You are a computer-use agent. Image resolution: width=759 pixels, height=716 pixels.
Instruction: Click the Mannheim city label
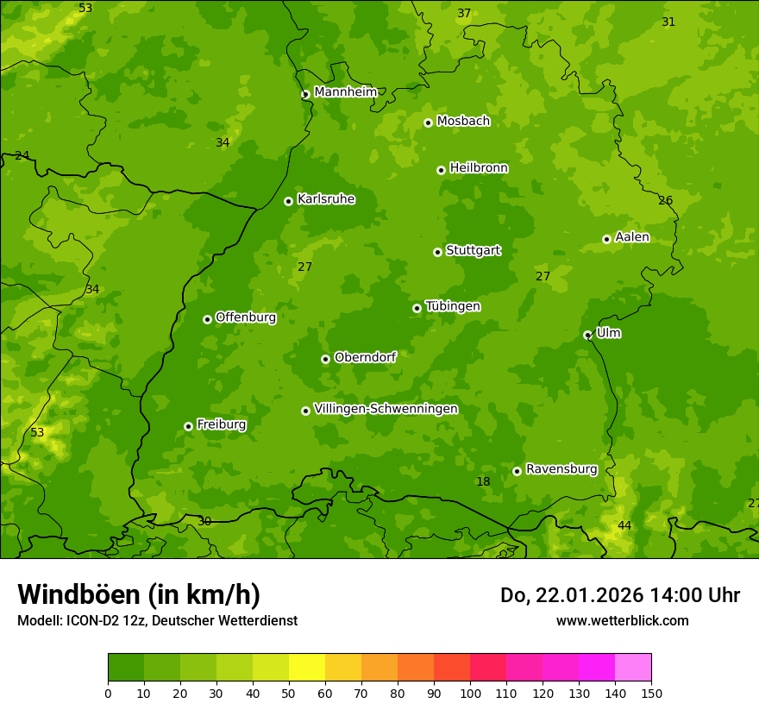(345, 92)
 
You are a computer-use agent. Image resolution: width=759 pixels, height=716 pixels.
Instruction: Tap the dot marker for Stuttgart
(437, 252)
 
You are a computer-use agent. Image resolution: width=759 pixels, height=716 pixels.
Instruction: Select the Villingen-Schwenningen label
(386, 409)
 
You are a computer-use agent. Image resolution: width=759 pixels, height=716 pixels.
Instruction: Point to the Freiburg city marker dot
(188, 426)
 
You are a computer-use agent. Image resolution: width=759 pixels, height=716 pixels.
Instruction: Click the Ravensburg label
(561, 469)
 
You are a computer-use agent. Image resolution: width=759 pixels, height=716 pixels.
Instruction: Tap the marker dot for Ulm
(587, 335)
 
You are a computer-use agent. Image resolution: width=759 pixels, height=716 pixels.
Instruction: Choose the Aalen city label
(632, 237)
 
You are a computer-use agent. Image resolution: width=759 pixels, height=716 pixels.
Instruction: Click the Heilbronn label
(479, 168)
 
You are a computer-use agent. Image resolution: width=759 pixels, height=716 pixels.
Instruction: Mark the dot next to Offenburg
(207, 319)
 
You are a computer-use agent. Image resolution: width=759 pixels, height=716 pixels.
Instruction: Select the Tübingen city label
(453, 306)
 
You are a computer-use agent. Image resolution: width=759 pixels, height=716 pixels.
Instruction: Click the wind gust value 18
(483, 481)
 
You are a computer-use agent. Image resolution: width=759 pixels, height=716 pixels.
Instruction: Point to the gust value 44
(624, 525)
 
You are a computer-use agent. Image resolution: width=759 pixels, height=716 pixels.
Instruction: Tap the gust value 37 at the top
(464, 13)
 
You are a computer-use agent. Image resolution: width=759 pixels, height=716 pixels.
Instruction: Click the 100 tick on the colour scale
(470, 693)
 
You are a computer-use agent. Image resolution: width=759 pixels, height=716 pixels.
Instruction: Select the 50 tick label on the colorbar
(289, 693)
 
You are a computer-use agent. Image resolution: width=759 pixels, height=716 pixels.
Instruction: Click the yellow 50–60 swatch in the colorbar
(307, 668)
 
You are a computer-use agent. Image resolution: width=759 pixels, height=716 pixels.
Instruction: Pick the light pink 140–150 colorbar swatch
(633, 668)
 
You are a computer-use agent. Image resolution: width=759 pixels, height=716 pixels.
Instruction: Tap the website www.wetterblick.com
(622, 620)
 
